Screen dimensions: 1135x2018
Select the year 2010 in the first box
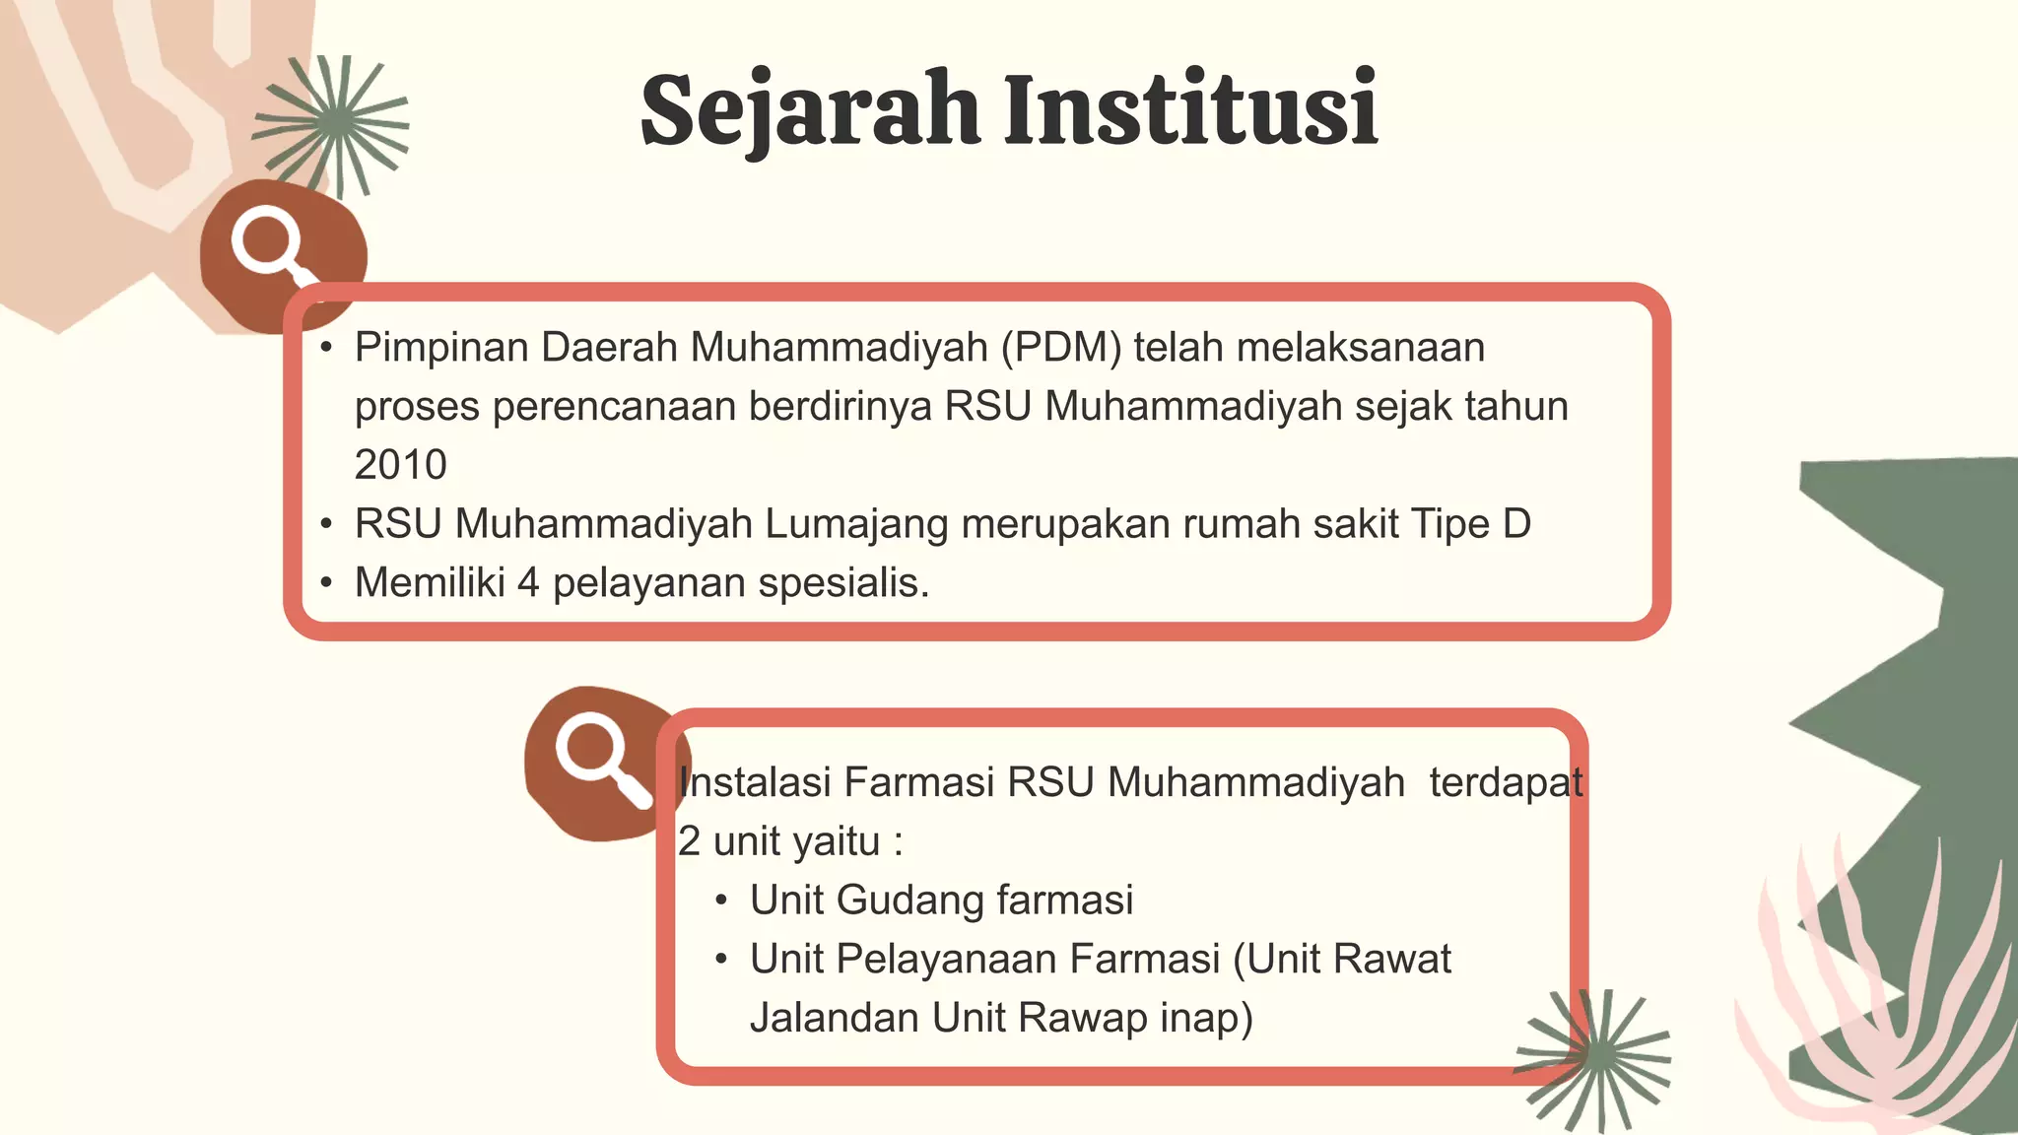[x=400, y=465]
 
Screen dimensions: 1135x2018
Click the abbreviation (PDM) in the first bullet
[x=1061, y=348]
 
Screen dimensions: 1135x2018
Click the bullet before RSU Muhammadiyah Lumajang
[x=327, y=524]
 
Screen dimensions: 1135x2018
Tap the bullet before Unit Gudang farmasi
[x=722, y=901]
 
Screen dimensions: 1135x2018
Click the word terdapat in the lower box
[x=1506, y=782]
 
